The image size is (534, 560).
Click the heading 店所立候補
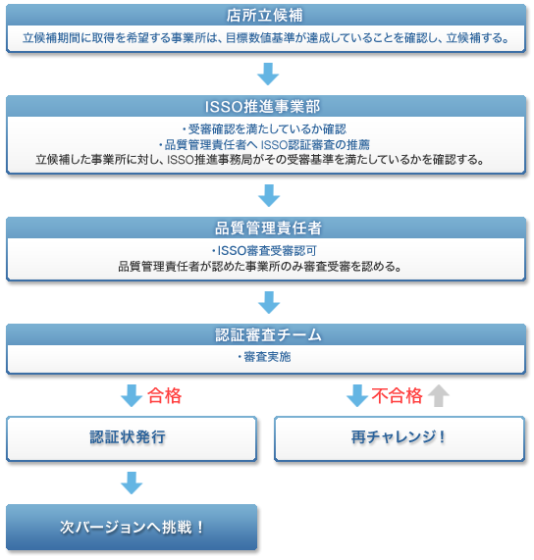[x=264, y=16]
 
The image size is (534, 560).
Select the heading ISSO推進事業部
[x=262, y=107]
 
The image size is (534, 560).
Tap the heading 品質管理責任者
[x=268, y=229]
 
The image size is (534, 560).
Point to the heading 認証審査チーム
[x=268, y=335]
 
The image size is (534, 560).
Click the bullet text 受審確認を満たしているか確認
[x=264, y=128]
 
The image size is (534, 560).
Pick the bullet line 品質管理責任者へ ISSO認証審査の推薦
[x=264, y=144]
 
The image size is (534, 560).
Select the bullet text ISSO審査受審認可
[x=264, y=251]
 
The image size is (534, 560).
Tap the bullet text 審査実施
[x=264, y=357]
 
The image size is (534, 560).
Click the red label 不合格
[x=397, y=395]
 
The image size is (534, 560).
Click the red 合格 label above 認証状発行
[x=164, y=395]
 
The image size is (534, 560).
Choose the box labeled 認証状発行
[x=132, y=438]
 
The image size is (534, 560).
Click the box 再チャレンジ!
[x=400, y=438]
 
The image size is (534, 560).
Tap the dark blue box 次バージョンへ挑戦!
[x=132, y=527]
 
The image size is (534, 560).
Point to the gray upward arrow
[x=439, y=395]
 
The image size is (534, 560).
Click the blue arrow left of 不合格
[x=357, y=395]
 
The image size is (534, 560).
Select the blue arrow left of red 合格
[x=132, y=395]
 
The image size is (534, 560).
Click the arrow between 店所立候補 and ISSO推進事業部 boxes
[x=268, y=74]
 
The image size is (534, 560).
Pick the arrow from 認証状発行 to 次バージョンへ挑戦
[x=132, y=483]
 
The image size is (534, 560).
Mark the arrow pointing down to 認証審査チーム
[x=269, y=302]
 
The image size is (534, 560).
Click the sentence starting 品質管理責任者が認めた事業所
[x=260, y=267]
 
